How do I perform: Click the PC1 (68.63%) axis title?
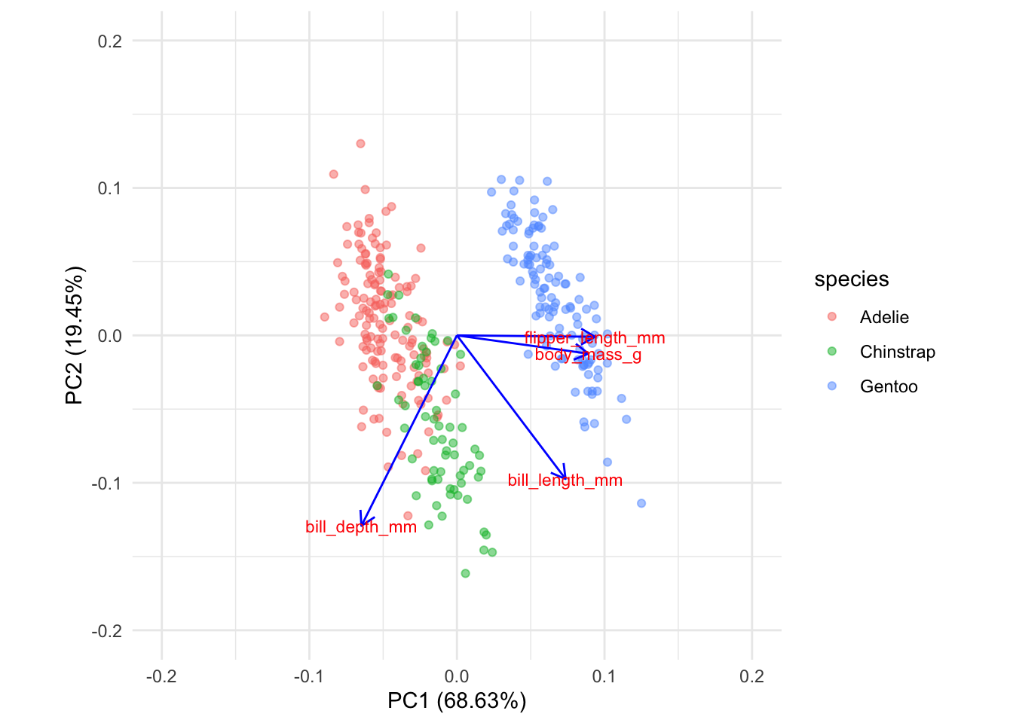coord(457,701)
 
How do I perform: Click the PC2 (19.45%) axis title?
coord(75,335)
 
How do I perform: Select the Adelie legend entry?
coord(883,317)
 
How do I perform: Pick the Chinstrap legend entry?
coord(897,352)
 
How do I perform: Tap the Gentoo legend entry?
coord(888,386)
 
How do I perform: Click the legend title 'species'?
coord(852,279)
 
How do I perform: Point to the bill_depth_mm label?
coord(361,527)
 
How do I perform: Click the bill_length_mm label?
coord(565,480)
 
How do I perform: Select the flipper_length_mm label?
coord(595,338)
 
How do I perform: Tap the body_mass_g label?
coord(588,355)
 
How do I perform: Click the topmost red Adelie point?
coord(360,143)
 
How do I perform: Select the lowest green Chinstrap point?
coord(465,573)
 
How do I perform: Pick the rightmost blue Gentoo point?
coord(641,503)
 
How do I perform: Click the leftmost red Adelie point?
coord(325,317)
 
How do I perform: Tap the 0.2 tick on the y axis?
coord(110,41)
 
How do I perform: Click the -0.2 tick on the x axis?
coord(161,676)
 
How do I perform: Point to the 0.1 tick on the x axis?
coord(604,676)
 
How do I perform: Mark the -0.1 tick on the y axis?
coord(107,483)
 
